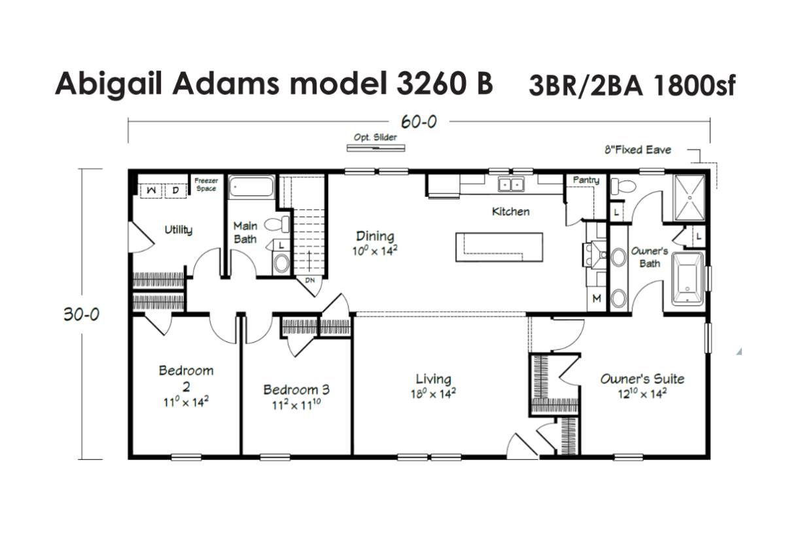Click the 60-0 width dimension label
[x=419, y=122]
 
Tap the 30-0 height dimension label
[x=81, y=315]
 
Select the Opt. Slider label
[x=375, y=137]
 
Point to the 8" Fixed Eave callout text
[x=637, y=150]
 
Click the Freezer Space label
[x=206, y=184]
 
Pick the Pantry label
[x=586, y=180]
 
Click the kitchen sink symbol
[x=512, y=184]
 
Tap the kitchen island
[x=499, y=247]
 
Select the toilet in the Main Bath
[x=277, y=224]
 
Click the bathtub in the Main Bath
[x=251, y=187]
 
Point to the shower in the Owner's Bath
[x=689, y=198]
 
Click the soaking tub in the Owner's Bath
[x=688, y=279]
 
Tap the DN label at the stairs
[x=310, y=281]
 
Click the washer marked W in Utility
[x=151, y=191]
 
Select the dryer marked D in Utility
[x=175, y=191]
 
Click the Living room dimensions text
[x=433, y=394]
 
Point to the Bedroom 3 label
[x=296, y=390]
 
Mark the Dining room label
[x=375, y=237]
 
